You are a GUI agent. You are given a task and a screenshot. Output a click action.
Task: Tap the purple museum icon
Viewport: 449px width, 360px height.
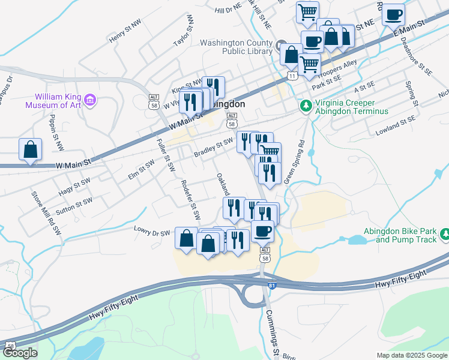coord(90,99)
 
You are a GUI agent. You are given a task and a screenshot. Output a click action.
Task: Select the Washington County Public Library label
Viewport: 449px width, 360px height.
coord(238,47)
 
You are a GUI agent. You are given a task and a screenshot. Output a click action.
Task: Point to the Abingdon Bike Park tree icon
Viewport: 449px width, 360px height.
coord(445,233)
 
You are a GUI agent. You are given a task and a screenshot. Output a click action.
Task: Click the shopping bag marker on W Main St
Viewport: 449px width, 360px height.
coord(30,149)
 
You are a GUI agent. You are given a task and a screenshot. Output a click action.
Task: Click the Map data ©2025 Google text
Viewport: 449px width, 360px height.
coord(412,355)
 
